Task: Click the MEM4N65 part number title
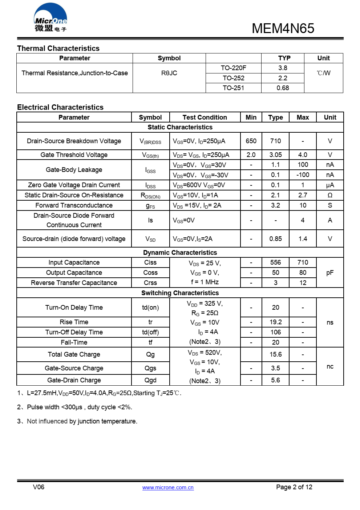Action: coord(283,28)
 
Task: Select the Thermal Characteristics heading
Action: coord(58,48)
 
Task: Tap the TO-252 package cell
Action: coord(233,78)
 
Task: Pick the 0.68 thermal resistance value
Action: coord(283,88)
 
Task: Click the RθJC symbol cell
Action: coord(169,73)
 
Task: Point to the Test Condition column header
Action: coord(205,117)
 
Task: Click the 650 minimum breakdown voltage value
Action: coord(251,141)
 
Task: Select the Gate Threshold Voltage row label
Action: coord(74,155)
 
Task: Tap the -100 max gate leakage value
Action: coord(303,175)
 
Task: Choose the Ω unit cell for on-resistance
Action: coord(330,195)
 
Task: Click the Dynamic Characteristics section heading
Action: coord(180,253)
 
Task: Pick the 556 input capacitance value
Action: coord(275,262)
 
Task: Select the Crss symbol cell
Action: coord(150,283)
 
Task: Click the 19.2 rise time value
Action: coord(275,322)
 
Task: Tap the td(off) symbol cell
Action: coord(150,332)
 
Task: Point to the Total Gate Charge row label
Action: coord(74,354)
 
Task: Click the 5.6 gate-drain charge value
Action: coord(275,380)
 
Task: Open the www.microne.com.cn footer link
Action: coord(168,487)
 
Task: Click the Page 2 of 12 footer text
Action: coord(294,487)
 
